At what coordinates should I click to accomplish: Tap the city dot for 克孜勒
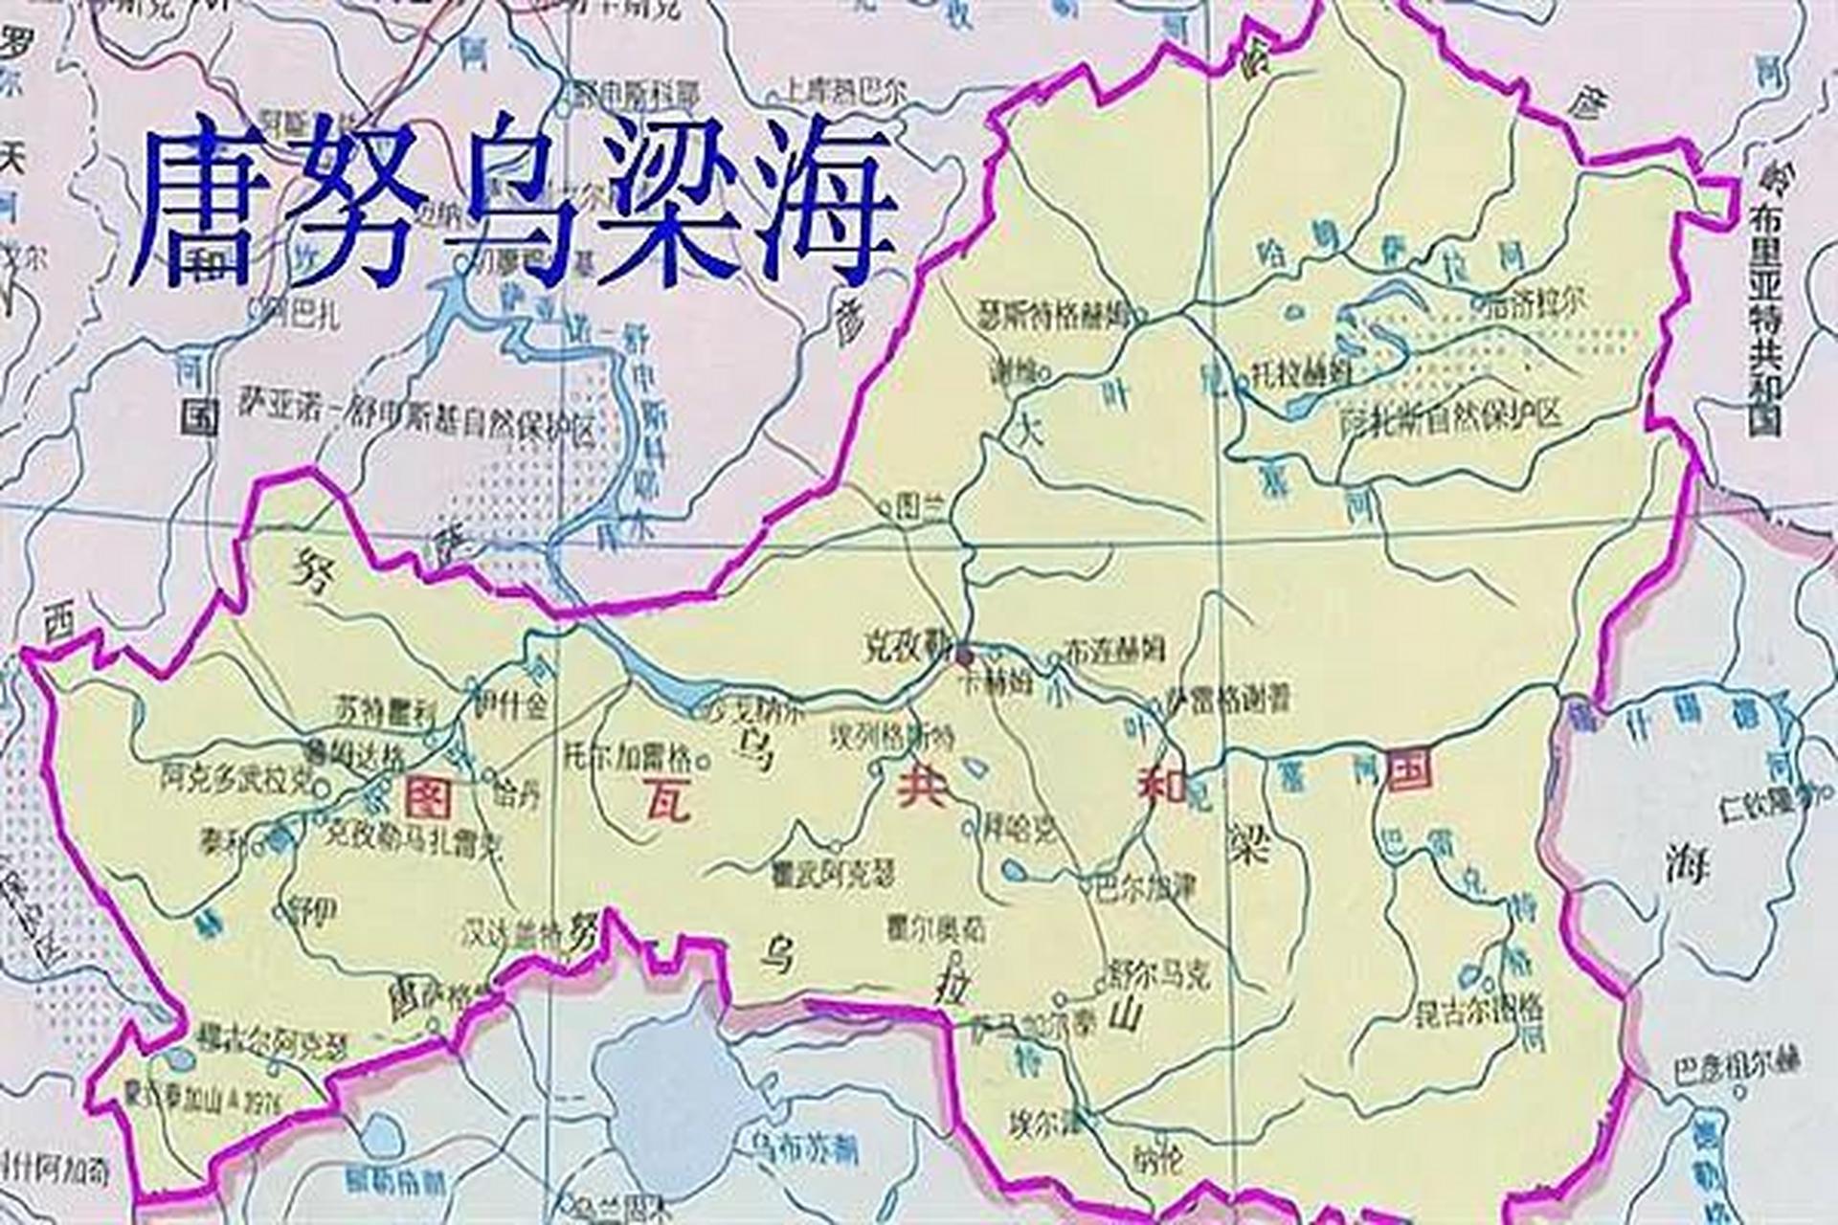(964, 655)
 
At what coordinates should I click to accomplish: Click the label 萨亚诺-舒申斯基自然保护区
(416, 430)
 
